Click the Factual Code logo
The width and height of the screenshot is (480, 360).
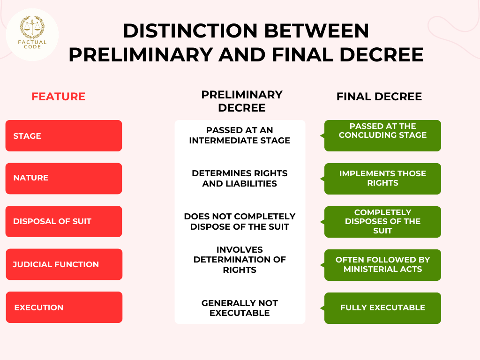32,34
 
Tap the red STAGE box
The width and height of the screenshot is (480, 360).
64,136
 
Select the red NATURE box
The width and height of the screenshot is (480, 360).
64,179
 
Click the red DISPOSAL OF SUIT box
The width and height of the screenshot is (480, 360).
64,221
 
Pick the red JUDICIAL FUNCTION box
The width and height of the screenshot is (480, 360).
64,264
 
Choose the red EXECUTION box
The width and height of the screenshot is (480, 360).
64,307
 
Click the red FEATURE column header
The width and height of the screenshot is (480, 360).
58,97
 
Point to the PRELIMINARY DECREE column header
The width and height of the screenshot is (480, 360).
241,101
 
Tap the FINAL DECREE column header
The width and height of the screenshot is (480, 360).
379,97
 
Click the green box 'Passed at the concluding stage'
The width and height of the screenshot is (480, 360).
382,136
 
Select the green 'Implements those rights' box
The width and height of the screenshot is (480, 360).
382,179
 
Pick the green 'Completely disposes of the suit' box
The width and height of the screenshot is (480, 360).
382,222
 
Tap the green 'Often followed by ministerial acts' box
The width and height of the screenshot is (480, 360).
382,265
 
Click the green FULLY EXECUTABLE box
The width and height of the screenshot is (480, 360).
382,308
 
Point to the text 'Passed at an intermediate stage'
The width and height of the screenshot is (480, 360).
240,135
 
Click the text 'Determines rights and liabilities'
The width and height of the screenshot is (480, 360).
240,179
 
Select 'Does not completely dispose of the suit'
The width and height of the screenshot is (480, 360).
240,221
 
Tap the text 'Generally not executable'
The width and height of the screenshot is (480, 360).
240,308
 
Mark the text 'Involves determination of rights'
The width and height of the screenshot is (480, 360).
240,260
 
